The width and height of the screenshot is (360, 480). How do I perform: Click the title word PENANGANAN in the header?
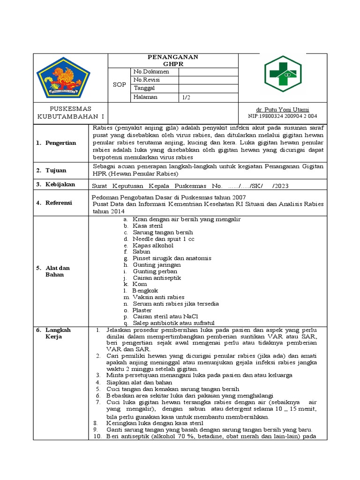click(173, 57)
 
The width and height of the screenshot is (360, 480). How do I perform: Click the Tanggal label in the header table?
click(145, 89)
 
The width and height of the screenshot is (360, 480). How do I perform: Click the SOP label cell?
click(120, 85)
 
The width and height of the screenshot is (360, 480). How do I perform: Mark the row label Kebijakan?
click(60, 185)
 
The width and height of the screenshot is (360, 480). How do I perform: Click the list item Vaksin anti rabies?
click(158, 297)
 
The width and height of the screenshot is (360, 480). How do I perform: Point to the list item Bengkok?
click(145, 291)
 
